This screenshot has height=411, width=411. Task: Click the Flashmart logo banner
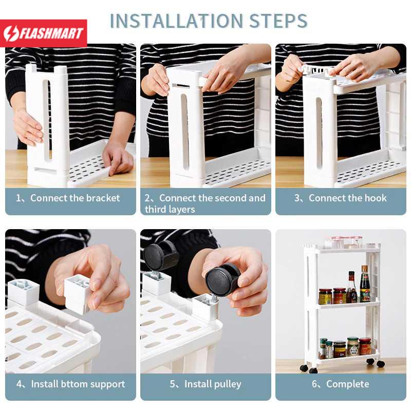coord(44,33)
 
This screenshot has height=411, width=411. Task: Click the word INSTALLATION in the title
coord(177,21)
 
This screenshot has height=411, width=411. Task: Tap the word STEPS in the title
coord(278,21)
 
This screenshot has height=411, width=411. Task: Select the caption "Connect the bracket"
coord(75,198)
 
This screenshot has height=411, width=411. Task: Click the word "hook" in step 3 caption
coord(376,198)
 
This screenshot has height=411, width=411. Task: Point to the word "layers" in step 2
coord(182,210)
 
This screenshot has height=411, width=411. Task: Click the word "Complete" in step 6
coord(348,384)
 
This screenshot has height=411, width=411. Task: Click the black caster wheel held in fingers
coord(222,279)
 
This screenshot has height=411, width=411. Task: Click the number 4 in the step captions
coord(19,384)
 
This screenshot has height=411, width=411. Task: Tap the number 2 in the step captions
coord(147,198)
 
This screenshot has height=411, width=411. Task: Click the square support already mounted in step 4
coord(24,292)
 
